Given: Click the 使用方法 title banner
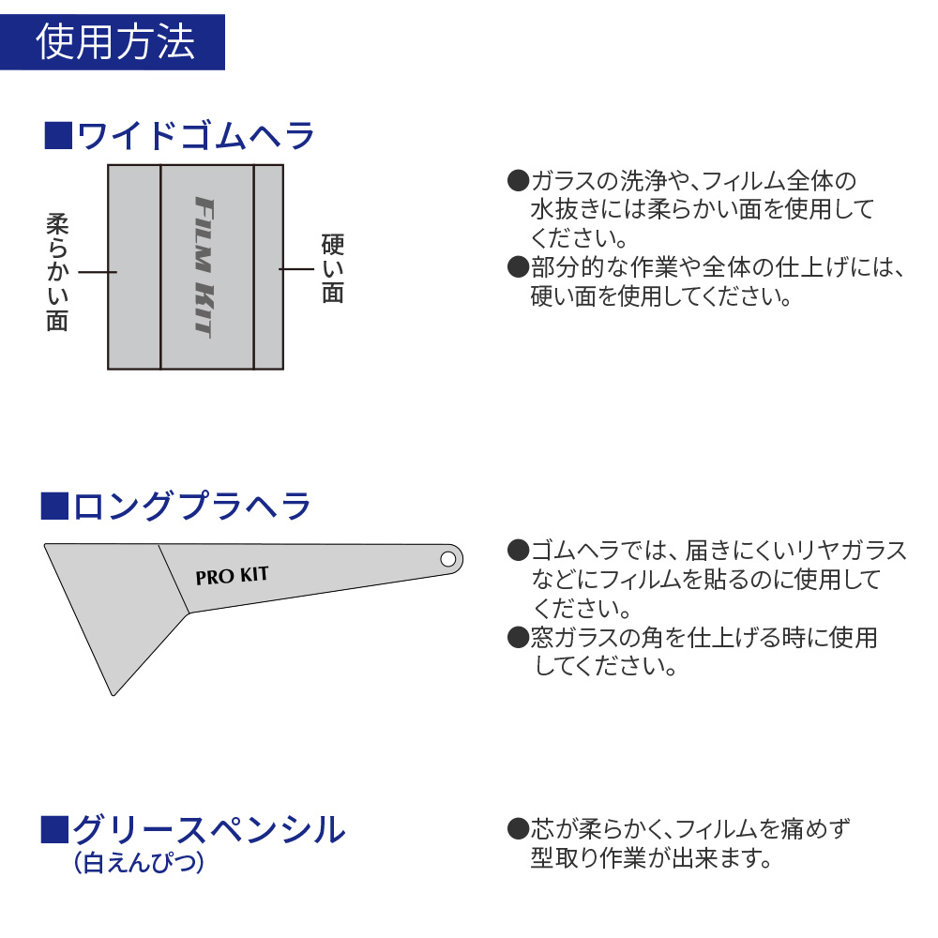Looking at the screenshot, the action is (x=113, y=42).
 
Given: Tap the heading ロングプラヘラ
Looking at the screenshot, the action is (x=192, y=507).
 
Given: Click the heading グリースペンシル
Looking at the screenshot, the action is (x=209, y=830).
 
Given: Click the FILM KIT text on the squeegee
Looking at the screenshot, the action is (x=204, y=267).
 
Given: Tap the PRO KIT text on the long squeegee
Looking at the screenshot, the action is (x=232, y=576).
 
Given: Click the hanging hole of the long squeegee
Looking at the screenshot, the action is (x=448, y=559).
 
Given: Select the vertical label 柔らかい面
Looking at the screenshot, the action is (x=57, y=272).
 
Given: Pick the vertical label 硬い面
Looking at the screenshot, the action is (x=333, y=268).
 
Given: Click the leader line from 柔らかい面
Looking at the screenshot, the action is (x=98, y=272).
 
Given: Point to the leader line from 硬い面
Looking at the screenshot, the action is (x=296, y=269).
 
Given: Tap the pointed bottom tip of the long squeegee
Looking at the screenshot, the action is (x=113, y=695).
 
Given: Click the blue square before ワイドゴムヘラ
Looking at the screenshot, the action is (x=58, y=135).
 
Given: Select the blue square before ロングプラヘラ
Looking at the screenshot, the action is (x=54, y=506).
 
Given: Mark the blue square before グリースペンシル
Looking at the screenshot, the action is (x=54, y=830).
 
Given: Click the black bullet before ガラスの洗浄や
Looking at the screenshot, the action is (x=518, y=180).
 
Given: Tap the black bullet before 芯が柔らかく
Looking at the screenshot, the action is (x=518, y=828).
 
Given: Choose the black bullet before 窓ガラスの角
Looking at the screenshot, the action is (x=518, y=637).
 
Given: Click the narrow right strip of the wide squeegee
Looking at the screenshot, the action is (x=268, y=266).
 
